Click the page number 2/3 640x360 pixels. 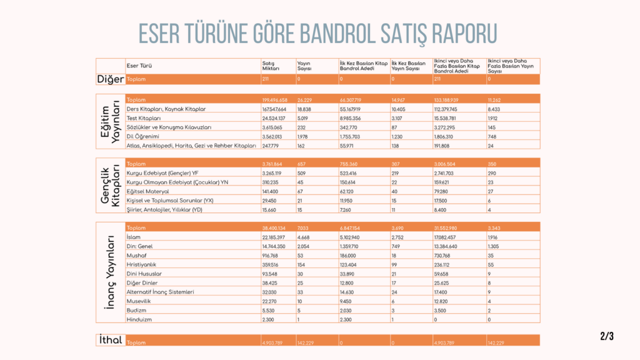click(607, 336)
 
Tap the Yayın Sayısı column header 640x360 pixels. click(305, 65)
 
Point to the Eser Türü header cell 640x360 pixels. click(139, 65)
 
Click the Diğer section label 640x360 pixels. click(110, 79)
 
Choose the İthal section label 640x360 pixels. click(110, 340)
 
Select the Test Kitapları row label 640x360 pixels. click(144, 117)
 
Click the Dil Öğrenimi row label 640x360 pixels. click(142, 136)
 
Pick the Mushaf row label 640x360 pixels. click(135, 256)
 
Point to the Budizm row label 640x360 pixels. click(136, 310)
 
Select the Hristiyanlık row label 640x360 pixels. click(141, 265)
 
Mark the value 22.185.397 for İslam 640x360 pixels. click(274, 237)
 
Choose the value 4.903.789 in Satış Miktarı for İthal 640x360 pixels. click(272, 342)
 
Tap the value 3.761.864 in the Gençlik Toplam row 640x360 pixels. click(272, 164)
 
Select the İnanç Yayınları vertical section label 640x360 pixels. click(110, 273)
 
